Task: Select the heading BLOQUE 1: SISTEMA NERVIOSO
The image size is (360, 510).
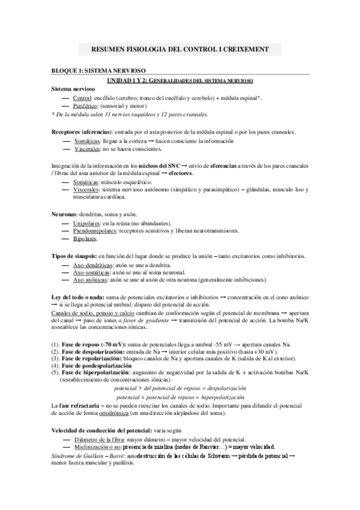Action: pos(98,71)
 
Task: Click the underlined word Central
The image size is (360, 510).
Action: pos(82,97)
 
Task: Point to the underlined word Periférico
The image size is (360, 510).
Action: pos(86,105)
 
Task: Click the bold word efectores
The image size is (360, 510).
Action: pos(180,173)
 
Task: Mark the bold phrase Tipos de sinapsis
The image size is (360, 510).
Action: pos(73,256)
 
